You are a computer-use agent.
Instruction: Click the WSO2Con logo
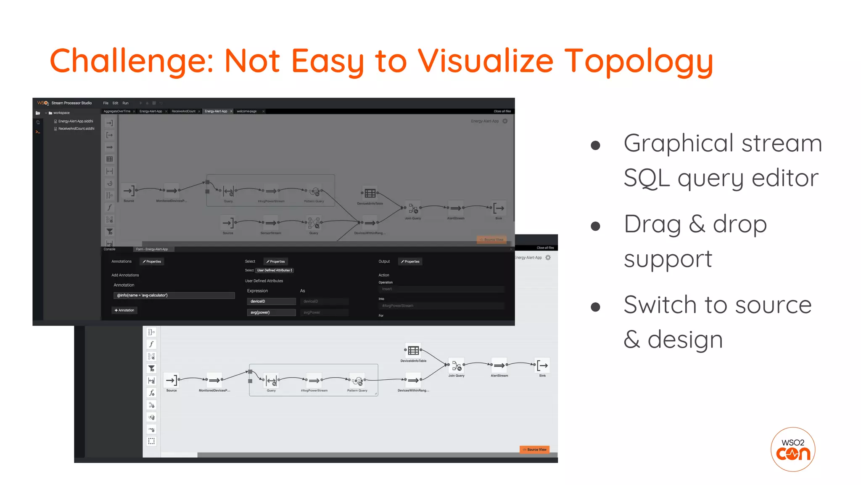point(793,449)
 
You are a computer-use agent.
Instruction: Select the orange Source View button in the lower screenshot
point(534,450)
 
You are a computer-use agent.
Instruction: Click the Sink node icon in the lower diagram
point(542,365)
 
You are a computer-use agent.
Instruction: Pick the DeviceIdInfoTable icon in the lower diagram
point(413,350)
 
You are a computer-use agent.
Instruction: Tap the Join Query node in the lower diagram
point(456,366)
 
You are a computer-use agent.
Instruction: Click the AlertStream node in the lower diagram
point(499,365)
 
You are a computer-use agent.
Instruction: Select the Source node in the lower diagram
point(171,380)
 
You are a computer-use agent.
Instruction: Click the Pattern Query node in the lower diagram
point(357,381)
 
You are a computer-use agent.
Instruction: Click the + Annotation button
point(124,310)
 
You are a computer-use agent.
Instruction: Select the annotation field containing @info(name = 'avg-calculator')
point(174,296)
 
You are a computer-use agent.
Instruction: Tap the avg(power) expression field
point(271,312)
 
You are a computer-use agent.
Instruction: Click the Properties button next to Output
point(410,261)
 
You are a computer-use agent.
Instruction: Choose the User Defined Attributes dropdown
point(275,270)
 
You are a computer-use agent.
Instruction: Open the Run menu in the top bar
point(125,103)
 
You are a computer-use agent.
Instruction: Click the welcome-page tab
point(247,112)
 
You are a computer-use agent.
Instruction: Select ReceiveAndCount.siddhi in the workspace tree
point(76,129)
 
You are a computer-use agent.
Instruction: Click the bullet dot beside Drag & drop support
point(595,227)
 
